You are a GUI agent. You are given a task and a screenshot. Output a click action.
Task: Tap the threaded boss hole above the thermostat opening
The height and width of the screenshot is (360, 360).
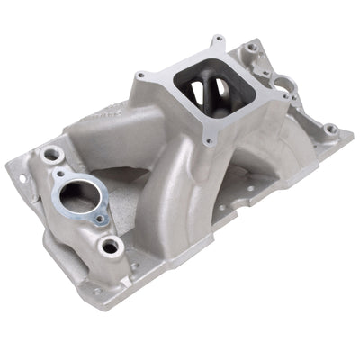click(53, 154)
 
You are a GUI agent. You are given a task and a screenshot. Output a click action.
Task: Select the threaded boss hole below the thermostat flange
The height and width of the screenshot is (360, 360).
click(111, 245)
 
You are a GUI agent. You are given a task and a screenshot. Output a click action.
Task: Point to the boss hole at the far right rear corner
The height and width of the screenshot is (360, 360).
click(330, 129)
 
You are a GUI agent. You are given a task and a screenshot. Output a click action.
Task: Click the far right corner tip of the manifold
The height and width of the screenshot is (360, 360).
click(353, 136)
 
